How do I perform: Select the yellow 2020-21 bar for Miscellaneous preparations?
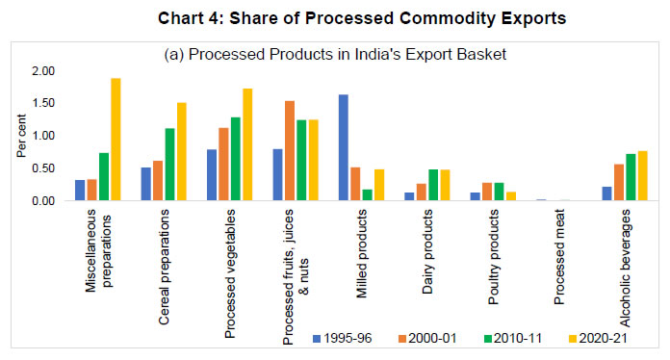coord(116,140)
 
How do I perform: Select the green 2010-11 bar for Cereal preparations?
coord(169,165)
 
